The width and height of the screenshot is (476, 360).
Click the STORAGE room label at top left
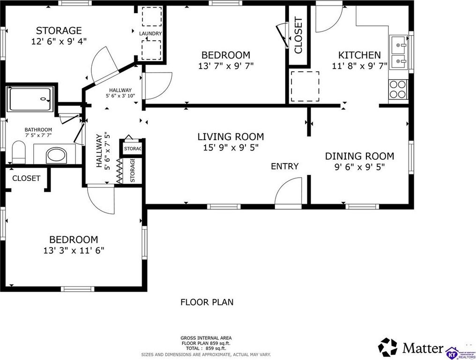pyautogui.click(x=59, y=30)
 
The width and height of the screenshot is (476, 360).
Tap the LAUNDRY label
pyautogui.click(x=150, y=33)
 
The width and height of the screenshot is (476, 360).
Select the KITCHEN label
pyautogui.click(x=359, y=55)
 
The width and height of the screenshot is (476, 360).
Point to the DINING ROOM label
pyautogui.click(x=360, y=156)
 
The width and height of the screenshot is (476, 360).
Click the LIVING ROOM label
pyautogui.click(x=231, y=137)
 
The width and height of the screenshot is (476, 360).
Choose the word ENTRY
pyautogui.click(x=285, y=166)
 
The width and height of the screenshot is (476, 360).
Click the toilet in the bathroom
pyautogui.click(x=19, y=152)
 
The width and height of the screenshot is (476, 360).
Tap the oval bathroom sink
pyautogui.click(x=57, y=155)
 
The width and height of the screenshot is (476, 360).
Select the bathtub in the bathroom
pyautogui.click(x=30, y=99)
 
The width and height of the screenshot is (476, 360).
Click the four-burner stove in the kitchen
pyautogui.click(x=398, y=90)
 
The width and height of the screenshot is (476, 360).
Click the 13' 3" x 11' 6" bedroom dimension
pyautogui.click(x=74, y=251)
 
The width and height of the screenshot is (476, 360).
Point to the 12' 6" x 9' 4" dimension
pyautogui.click(x=59, y=41)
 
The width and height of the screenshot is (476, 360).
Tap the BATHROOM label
pyautogui.click(x=38, y=130)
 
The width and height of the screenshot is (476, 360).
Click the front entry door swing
pyautogui.click(x=289, y=191)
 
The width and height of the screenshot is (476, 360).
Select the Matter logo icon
pyautogui.click(x=387, y=347)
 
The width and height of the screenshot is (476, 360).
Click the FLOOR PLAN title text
pyautogui.click(x=207, y=302)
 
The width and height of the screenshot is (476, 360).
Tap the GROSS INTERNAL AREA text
pyautogui.click(x=206, y=338)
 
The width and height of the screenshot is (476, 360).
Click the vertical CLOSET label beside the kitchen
pyautogui.click(x=298, y=36)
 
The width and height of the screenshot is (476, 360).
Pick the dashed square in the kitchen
pyautogui.click(x=305, y=87)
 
